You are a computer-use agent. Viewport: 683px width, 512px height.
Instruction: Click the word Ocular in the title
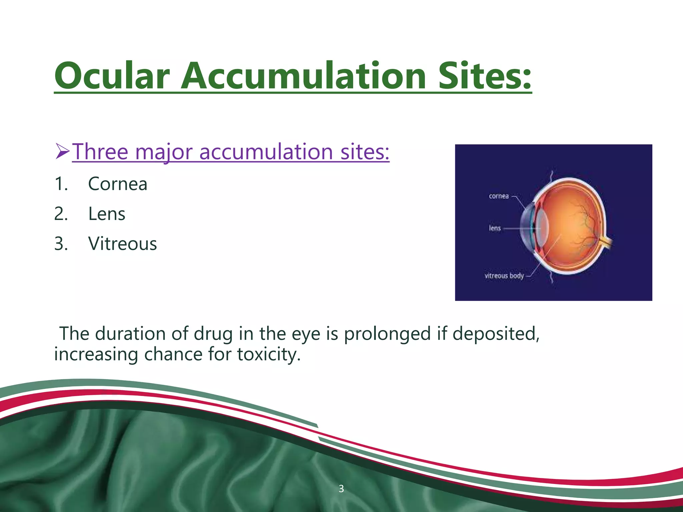[x=112, y=76]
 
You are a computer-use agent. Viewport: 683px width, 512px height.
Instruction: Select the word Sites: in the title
[x=484, y=76]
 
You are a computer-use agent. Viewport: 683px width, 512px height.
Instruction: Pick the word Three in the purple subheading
[x=100, y=152]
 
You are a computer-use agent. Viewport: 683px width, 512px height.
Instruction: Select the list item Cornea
[x=117, y=184]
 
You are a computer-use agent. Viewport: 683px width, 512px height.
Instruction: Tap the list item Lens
[x=107, y=214]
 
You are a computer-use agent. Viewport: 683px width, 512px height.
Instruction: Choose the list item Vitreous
[x=122, y=244]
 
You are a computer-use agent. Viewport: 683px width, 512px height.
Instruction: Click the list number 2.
[x=61, y=214]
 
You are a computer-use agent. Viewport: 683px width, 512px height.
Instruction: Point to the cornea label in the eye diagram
[x=499, y=196]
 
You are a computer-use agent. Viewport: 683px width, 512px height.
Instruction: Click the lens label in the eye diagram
[x=495, y=228]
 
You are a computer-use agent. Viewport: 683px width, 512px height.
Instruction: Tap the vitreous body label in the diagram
[x=504, y=276]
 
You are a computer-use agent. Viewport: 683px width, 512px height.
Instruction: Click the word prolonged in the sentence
[x=387, y=334]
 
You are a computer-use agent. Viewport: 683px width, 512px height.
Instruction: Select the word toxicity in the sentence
[x=268, y=354]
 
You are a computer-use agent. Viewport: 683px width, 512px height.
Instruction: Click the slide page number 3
[x=341, y=489]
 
